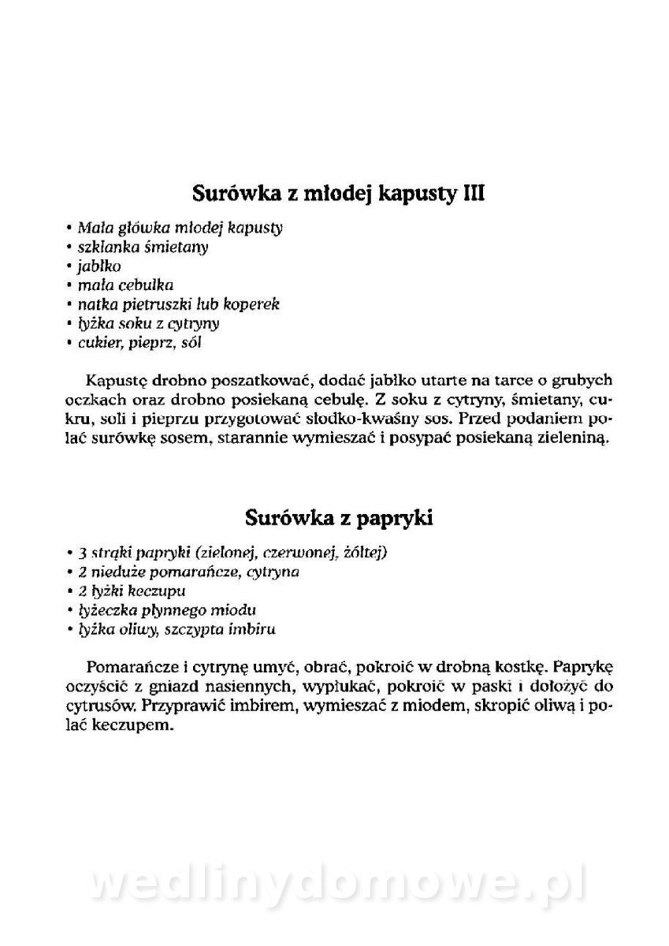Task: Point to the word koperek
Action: [251, 304]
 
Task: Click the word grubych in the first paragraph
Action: [582, 381]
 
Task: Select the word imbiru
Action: [249, 629]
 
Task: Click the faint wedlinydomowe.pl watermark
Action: [334, 884]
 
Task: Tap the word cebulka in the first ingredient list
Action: [146, 285]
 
